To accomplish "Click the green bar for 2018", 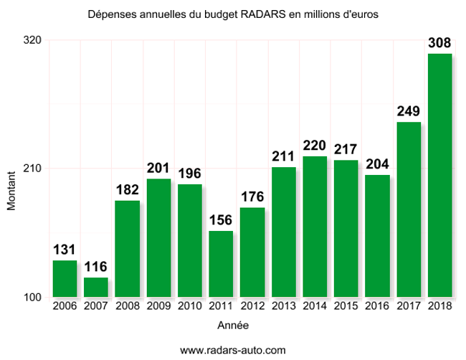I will click(439, 175).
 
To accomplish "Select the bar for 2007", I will click(95, 287).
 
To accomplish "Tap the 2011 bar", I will click(221, 263).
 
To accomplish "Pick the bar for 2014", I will click(315, 226).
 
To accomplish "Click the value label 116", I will click(95, 267).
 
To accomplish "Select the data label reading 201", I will click(158, 169).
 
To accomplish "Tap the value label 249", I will click(409, 112).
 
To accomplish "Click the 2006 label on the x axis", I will click(65, 307).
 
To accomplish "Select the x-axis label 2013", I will click(283, 307).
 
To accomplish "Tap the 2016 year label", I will click(377, 307).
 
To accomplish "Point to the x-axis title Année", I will click(232, 325).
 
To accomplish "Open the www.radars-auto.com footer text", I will click(232, 350).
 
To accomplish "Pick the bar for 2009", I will click(158, 237).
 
